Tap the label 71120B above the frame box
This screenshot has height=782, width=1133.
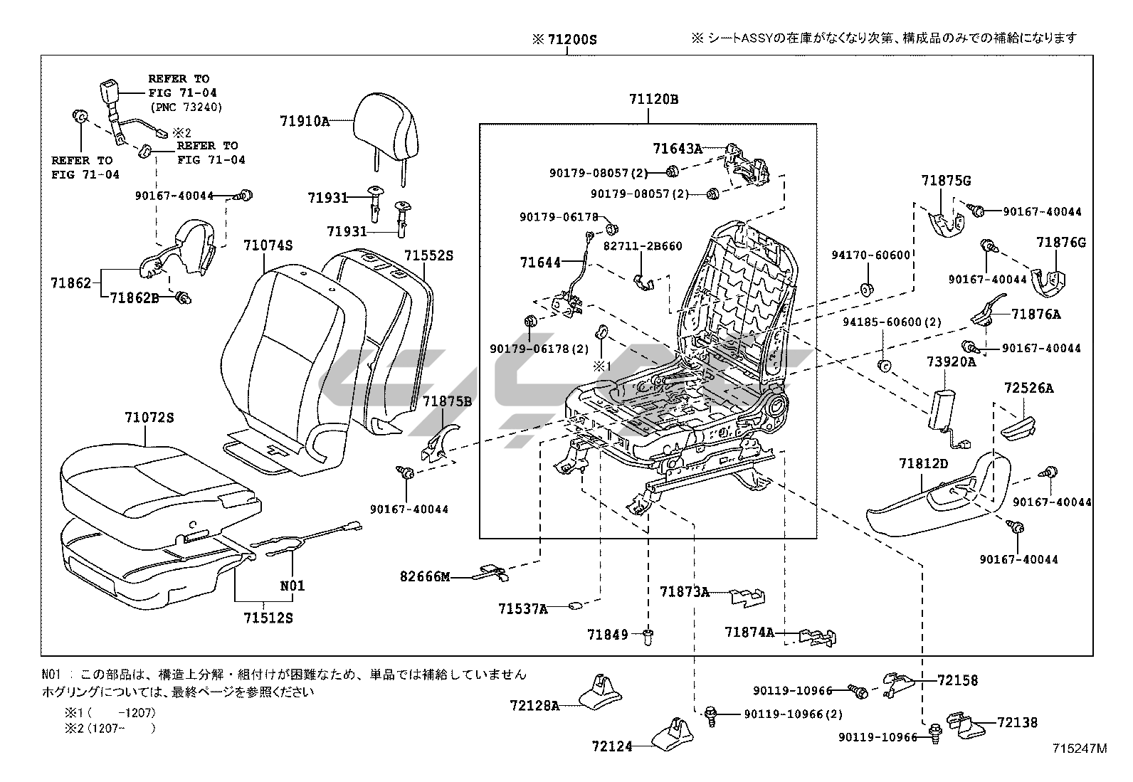653,100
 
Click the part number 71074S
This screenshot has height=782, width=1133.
268,245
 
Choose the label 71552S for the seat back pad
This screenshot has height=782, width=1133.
428,255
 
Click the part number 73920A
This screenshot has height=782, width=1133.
951,362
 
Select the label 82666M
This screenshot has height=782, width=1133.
425,576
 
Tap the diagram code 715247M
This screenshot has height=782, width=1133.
1081,748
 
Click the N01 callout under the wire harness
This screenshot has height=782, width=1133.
292,586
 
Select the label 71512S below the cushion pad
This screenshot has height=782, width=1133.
265,618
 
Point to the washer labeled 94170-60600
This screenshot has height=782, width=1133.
867,290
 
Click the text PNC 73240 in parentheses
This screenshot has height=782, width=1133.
186,107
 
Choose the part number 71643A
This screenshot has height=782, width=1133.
678,148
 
